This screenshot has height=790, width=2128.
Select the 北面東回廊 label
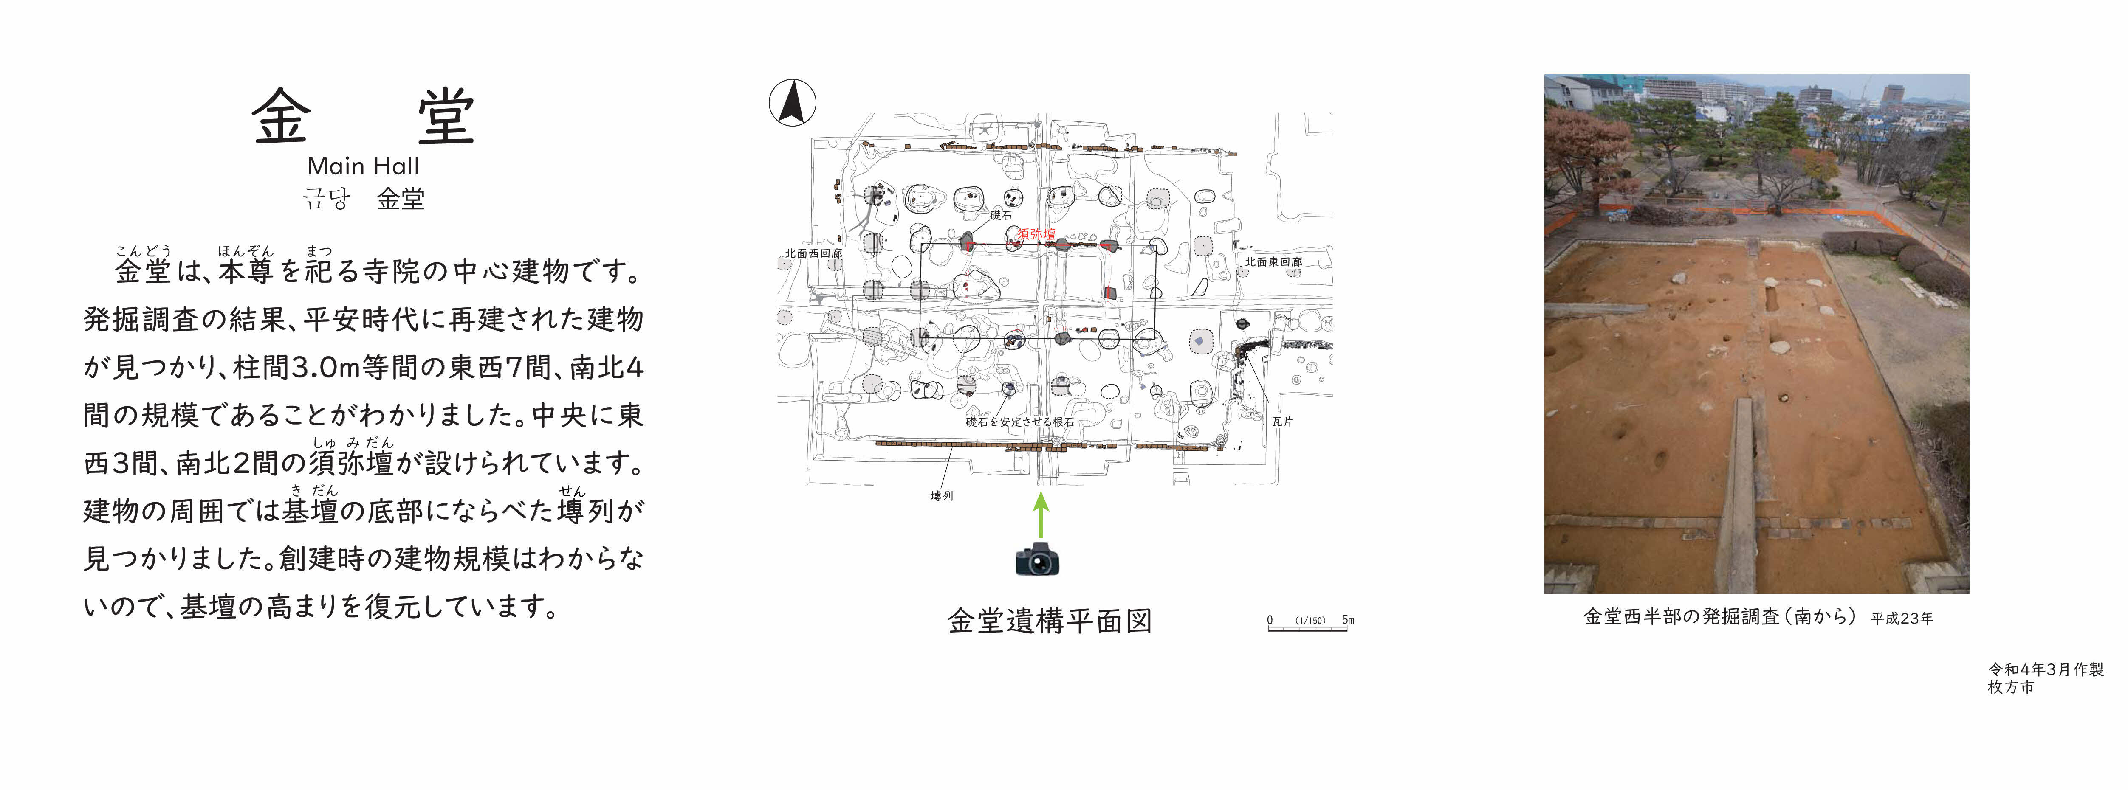pos(1273,261)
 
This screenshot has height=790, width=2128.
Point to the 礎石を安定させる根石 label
pos(1020,422)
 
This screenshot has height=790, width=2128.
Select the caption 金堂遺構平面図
pos(1049,621)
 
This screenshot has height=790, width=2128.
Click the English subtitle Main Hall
pos(364,166)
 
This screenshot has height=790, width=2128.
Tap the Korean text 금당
pos(327,199)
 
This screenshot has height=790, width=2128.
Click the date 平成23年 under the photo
pos(1902,619)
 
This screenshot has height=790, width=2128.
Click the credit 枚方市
pos(2011,687)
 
